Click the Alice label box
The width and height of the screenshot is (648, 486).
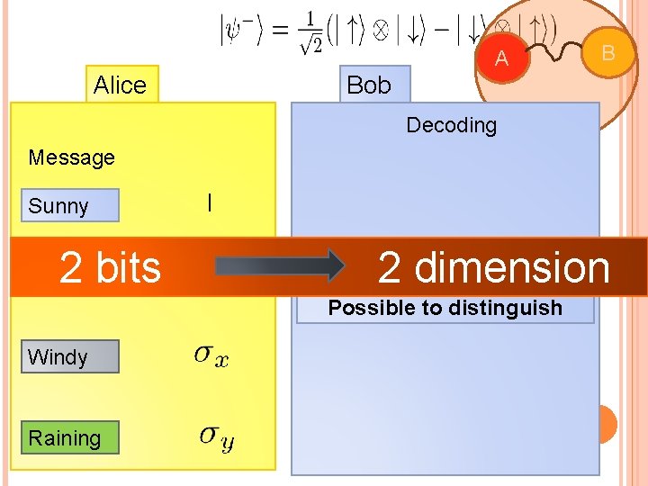(121, 85)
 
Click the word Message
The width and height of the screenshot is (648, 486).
(71, 157)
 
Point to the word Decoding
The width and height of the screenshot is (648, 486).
(451, 125)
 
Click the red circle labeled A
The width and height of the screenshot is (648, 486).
(502, 58)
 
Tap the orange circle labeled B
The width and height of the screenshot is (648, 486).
(607, 52)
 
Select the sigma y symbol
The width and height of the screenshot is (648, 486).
(217, 437)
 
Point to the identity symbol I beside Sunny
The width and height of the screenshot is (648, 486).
(209, 203)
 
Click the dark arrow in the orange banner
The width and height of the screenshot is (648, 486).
(279, 266)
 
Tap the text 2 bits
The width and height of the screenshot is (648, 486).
(110, 267)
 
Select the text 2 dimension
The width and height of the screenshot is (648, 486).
(493, 267)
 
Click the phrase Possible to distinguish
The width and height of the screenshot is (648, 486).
(445, 308)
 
